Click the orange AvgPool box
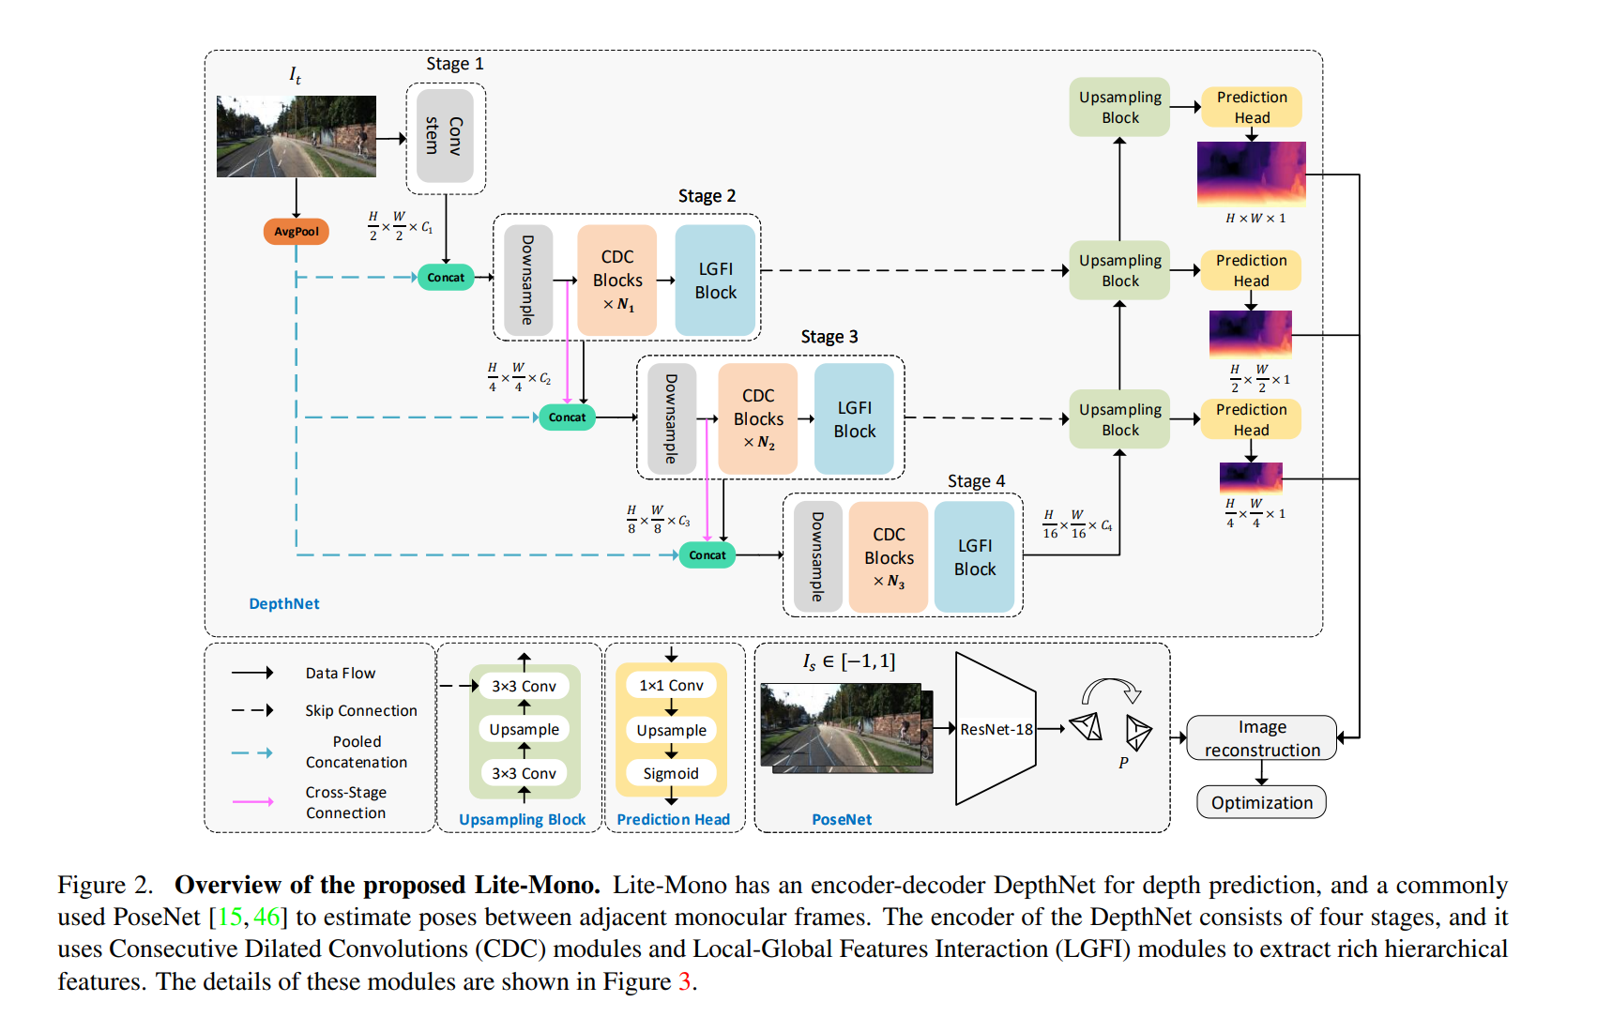[x=297, y=231]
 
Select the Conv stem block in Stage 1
[x=445, y=136]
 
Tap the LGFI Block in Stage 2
[x=715, y=281]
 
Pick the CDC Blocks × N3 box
[x=889, y=557]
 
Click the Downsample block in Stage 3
[x=671, y=418]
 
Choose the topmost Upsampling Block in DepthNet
[x=1119, y=107]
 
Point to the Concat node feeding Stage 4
[x=707, y=555]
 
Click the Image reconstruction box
[x=1261, y=738]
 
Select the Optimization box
[x=1261, y=803]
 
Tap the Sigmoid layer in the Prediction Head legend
[x=671, y=773]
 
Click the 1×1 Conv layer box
[x=671, y=686]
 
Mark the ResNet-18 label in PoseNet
[x=996, y=729]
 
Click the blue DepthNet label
[x=283, y=604]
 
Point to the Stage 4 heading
[x=976, y=481]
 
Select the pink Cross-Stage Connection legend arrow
[x=253, y=802]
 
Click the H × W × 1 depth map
[x=1251, y=174]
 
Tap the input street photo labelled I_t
[x=297, y=136]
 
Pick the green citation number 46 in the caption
[x=266, y=917]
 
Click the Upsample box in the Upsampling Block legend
[x=524, y=729]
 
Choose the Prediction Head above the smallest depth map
[x=1251, y=419]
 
